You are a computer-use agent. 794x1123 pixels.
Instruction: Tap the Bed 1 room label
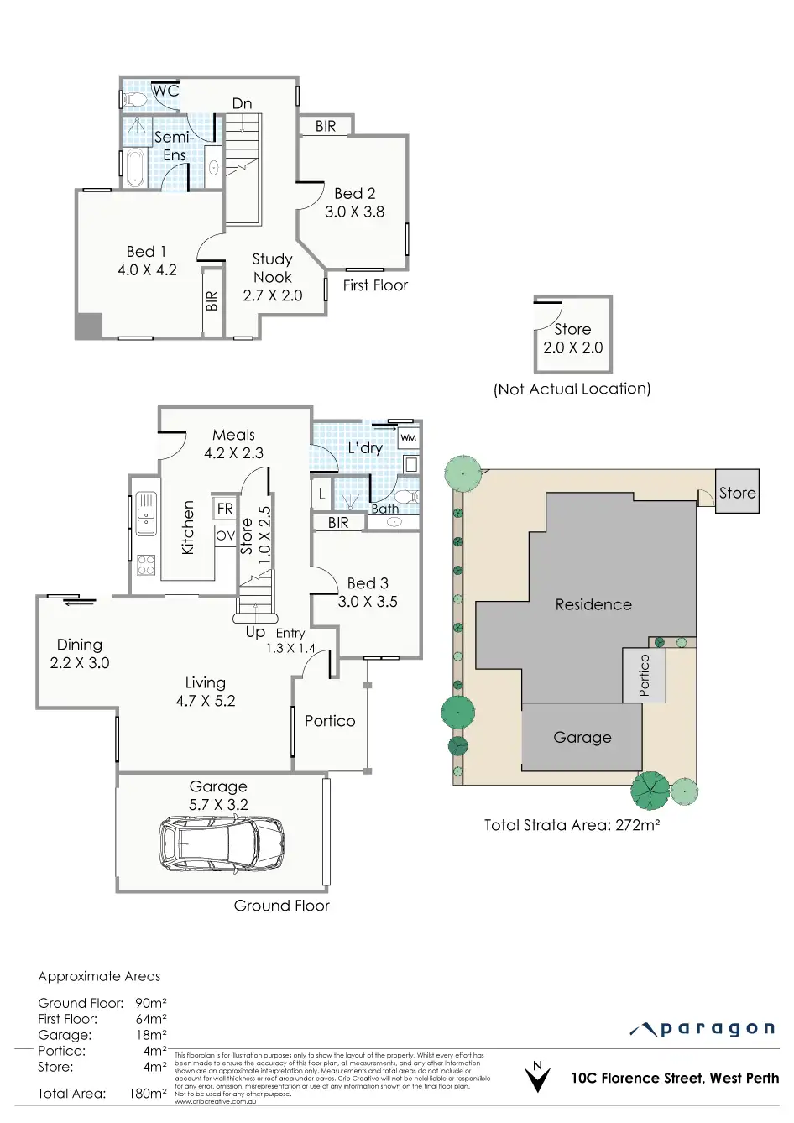pos(147,260)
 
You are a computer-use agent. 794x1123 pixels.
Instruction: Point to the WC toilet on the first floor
pos(132,99)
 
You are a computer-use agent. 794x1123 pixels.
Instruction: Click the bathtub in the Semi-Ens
pos(134,167)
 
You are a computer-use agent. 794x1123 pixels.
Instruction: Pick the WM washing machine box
pos(408,438)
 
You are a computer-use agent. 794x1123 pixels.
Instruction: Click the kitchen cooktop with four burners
pos(146,564)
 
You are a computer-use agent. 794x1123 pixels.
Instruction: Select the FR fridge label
pos(225,509)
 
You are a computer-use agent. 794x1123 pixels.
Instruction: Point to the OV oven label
pos(225,535)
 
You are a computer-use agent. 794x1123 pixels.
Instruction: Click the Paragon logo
pos(703,1029)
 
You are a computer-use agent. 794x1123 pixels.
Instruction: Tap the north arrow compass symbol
pos(537,1077)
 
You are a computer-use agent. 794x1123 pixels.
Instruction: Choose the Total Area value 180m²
pos(150,1094)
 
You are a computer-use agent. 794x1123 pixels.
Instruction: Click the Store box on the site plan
pos(738,493)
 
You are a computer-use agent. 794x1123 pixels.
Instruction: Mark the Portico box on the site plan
pos(645,675)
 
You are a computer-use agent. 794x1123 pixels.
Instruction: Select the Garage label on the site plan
pos(582,738)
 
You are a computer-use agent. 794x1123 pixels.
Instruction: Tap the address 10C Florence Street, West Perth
pos(675,1079)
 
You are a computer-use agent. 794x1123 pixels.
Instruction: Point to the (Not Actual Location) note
pos(572,389)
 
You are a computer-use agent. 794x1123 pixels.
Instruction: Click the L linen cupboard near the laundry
pos(322,494)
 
